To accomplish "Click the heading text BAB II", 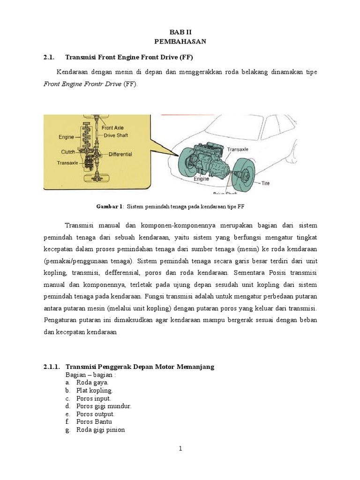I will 180,32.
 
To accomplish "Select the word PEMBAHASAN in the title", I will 180,42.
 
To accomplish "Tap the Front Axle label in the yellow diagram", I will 112,127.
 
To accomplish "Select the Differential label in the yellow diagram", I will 120,154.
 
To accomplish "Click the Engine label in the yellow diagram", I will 66,137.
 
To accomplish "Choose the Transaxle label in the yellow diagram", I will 67,164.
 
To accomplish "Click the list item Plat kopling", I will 95,390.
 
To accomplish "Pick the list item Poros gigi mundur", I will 104,406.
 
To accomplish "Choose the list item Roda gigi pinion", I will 101,429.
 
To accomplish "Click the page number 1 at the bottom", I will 180,449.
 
